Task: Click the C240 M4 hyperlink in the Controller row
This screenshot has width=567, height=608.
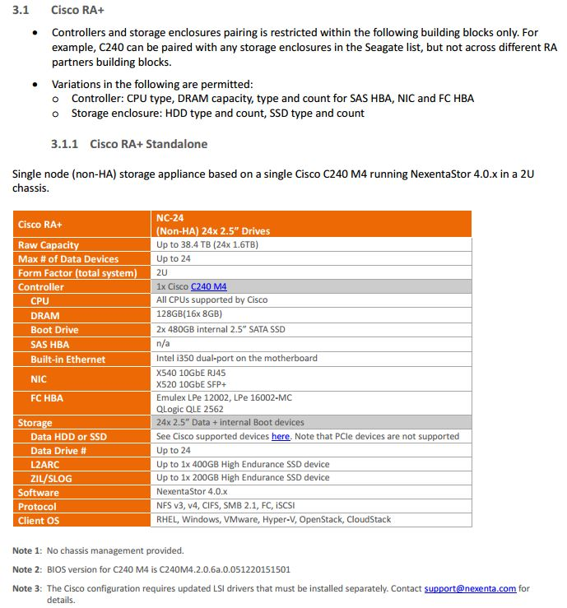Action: (x=208, y=286)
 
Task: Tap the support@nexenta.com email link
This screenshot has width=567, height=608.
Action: (x=470, y=588)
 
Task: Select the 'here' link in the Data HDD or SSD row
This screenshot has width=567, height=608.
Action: (x=281, y=436)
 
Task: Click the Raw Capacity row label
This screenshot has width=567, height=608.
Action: (x=49, y=245)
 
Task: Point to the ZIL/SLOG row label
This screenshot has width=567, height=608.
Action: (x=50, y=478)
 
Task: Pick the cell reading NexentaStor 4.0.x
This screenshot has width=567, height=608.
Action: (x=192, y=491)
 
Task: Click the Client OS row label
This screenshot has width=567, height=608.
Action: (x=44, y=520)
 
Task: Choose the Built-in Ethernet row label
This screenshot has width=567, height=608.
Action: (x=67, y=360)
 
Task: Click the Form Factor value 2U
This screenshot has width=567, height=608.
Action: (x=162, y=272)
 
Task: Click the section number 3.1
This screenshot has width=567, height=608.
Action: (x=21, y=11)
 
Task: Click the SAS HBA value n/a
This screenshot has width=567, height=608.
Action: (x=162, y=344)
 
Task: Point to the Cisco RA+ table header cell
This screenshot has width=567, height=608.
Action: (x=40, y=224)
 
